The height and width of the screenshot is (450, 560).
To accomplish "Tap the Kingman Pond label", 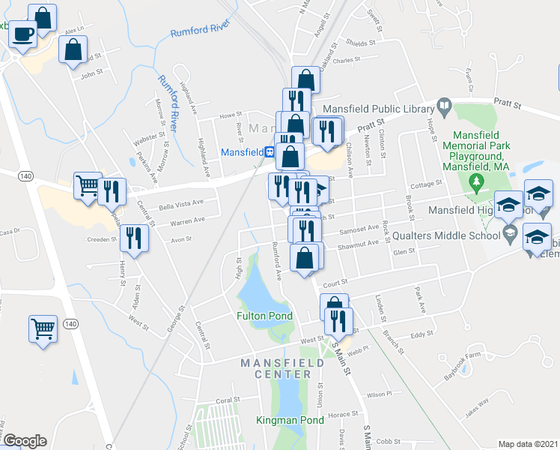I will (x=290, y=420).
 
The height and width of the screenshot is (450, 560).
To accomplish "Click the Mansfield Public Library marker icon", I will (x=443, y=106).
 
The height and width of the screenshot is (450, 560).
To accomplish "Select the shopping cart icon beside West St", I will (x=43, y=328).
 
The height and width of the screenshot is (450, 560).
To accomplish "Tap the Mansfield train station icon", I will (x=268, y=151).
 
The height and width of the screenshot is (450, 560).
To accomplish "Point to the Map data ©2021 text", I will (x=529, y=444).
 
